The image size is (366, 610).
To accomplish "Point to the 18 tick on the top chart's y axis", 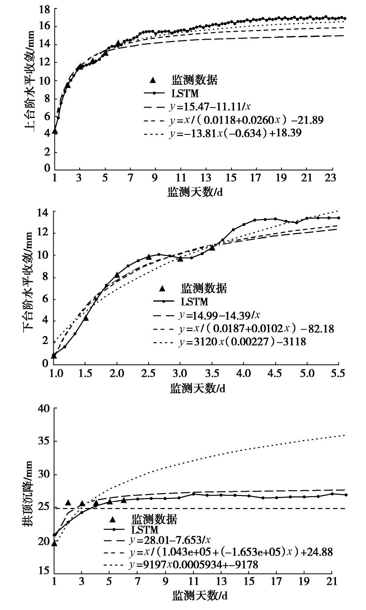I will coord(44,9).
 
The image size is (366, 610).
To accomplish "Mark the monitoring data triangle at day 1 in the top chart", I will coord(55,130).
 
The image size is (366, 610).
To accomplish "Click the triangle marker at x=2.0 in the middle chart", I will coord(117,275).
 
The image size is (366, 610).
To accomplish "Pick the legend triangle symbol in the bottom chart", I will coord(113,520).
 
